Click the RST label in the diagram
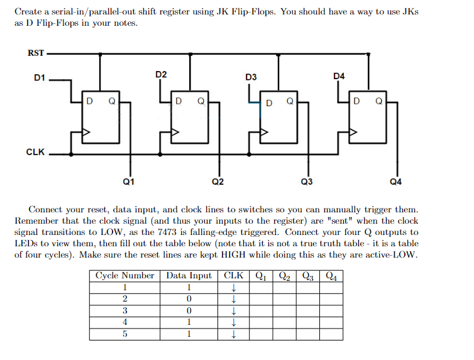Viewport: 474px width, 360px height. [35, 53]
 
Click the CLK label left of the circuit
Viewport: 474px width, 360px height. [35, 153]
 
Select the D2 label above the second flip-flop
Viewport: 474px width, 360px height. [161, 75]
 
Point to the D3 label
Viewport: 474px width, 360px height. [251, 77]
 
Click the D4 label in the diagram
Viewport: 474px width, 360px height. [339, 77]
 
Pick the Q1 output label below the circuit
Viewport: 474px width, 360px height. [128, 182]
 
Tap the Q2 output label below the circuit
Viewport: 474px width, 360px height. [218, 182]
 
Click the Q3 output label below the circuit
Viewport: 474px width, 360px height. [307, 182]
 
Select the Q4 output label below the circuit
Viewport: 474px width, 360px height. [395, 182]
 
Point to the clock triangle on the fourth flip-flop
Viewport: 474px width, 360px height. [354, 133]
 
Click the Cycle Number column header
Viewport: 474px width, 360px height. [124, 276]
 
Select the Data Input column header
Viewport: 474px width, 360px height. [189, 276]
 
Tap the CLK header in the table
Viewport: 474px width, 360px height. [233, 276]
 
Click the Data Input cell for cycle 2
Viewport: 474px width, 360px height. [189, 299]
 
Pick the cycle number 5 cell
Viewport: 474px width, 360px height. [124, 334]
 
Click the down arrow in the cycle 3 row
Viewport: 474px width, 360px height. [233, 311]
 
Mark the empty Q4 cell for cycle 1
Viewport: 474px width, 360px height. [331, 288]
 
